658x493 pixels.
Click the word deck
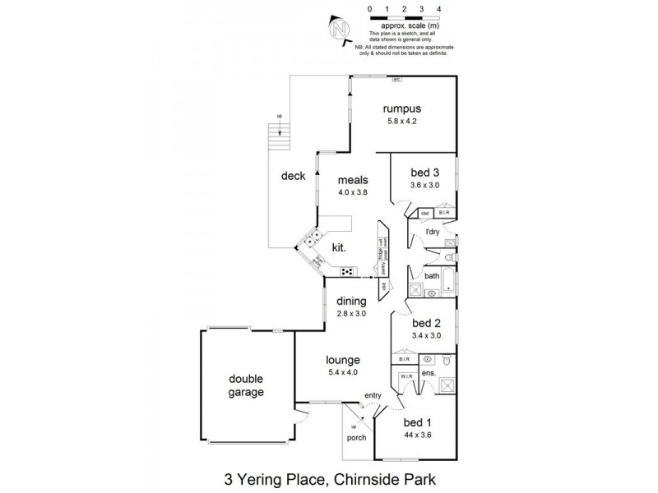point(293,175)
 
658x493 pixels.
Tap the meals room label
point(352,181)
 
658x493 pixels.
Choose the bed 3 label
point(426,173)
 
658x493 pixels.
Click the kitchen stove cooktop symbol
point(347,272)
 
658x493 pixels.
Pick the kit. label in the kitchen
point(337,246)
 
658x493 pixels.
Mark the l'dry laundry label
point(434,232)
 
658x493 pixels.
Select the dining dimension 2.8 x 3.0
point(351,313)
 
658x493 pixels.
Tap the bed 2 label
point(426,323)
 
